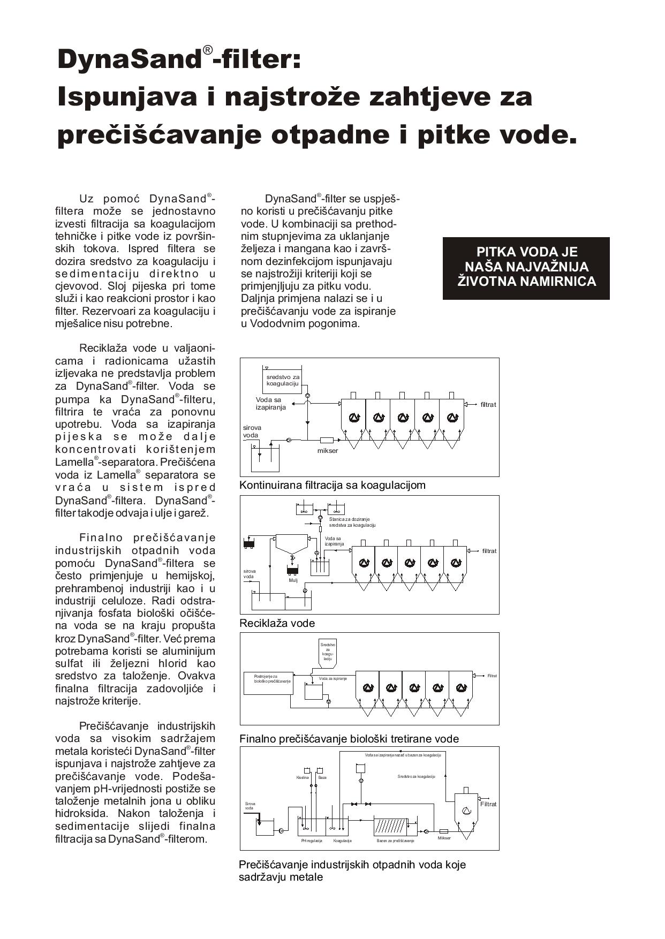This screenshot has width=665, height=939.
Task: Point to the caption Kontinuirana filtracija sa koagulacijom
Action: coord(332,486)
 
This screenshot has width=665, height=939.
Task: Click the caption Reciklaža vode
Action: coord(277,623)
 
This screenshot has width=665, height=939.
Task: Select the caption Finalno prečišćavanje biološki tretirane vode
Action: coord(349,739)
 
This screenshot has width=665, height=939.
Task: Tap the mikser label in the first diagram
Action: coord(328,450)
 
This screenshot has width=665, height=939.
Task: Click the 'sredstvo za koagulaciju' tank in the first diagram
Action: coord(283,381)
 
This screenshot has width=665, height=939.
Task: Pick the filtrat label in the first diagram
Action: coord(488,405)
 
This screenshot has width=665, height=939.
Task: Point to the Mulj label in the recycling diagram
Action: coord(293,580)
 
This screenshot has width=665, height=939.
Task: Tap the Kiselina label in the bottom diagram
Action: coord(303,777)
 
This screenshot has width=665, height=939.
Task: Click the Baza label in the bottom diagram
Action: coord(322,777)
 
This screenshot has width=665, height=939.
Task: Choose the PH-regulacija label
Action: coord(312,841)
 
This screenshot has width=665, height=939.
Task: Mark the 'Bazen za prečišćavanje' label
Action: coord(395,841)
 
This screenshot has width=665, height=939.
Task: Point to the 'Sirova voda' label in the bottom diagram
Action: coord(250,806)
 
